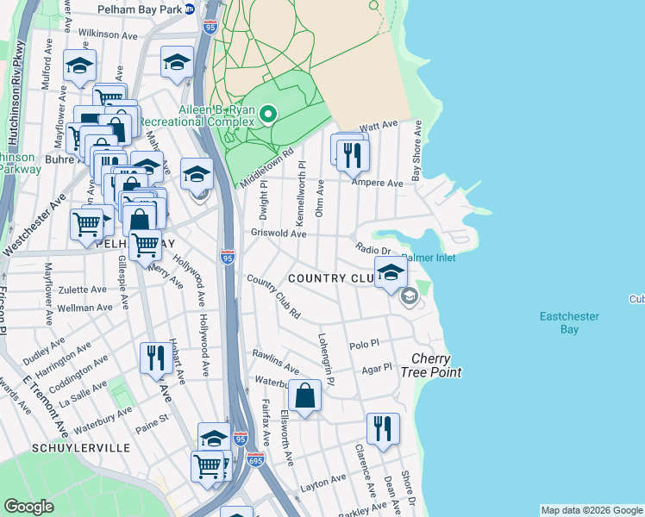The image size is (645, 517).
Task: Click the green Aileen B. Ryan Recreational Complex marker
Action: (268, 114)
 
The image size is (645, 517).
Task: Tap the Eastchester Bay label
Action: (570, 322)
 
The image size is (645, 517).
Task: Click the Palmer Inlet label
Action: (429, 258)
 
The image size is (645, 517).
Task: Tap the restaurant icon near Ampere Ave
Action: (352, 154)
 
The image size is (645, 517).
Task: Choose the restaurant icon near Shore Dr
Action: (382, 427)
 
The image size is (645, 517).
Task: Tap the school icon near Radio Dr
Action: (391, 272)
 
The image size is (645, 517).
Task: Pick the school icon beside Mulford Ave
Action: (79, 65)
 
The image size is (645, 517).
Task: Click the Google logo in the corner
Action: (28, 507)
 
